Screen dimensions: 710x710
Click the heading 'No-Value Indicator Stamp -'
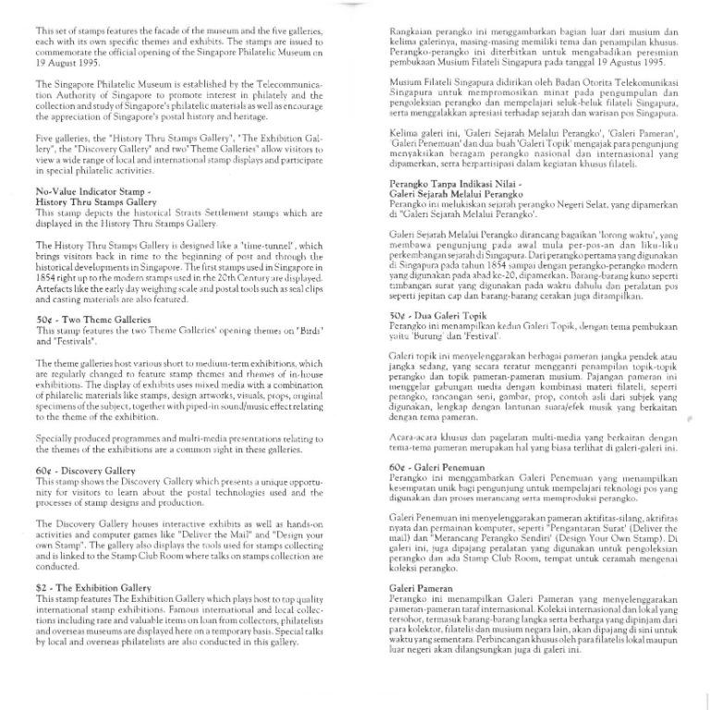coord(90,190)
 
